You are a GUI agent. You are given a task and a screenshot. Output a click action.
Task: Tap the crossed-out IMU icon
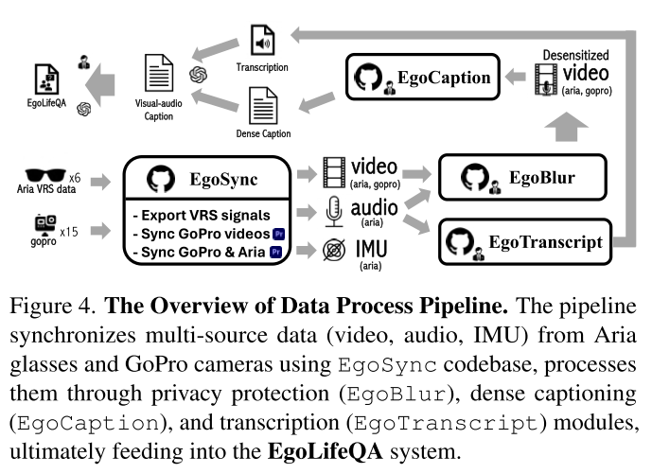pyautogui.click(x=333, y=252)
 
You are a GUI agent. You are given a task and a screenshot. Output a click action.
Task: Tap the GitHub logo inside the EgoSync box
pyautogui.click(x=159, y=179)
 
